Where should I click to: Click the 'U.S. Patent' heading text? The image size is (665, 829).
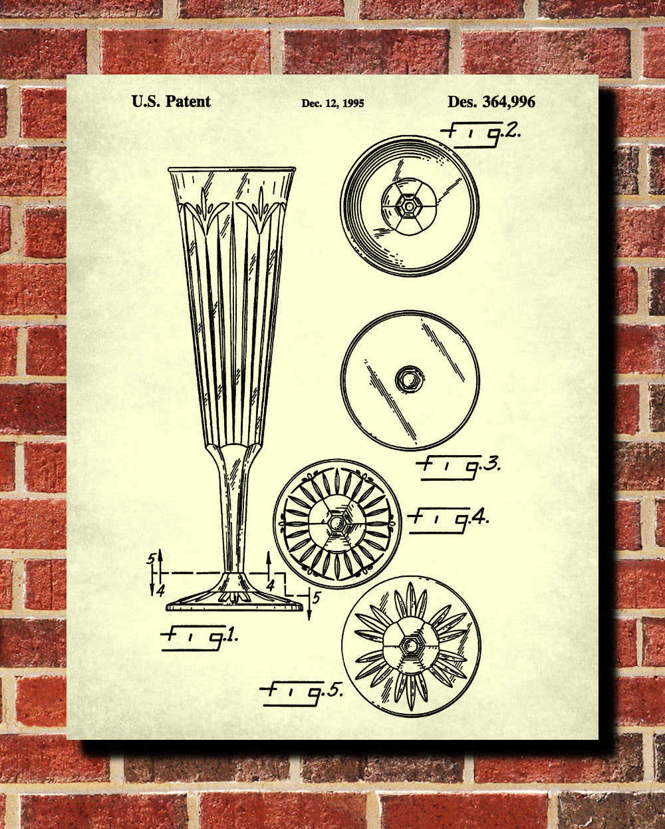click(171, 101)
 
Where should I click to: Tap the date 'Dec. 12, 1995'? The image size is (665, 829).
click(332, 103)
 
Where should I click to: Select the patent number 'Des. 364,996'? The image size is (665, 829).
click(491, 102)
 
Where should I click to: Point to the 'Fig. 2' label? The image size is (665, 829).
click(480, 132)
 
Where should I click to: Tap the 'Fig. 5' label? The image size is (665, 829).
click(303, 692)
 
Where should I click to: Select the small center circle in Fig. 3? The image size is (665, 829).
click(408, 379)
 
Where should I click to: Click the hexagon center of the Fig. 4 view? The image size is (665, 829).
click(337, 523)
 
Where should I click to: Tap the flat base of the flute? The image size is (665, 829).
click(234, 605)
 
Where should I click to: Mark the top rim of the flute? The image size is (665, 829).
click(231, 170)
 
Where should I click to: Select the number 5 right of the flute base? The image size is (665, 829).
click(317, 597)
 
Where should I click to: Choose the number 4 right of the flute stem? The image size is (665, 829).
click(271, 585)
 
